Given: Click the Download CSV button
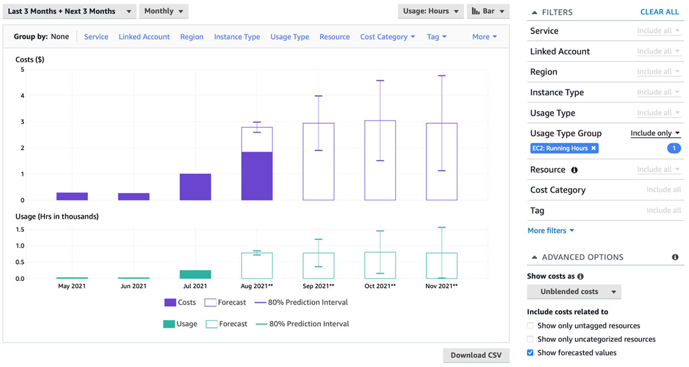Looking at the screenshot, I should click(476, 355).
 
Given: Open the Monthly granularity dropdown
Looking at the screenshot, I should click(164, 11).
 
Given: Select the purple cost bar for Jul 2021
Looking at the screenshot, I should click(195, 187).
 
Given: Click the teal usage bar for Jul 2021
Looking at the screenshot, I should click(195, 274).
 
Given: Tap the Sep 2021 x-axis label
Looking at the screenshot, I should click(319, 286).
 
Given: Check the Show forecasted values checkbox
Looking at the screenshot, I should click(531, 353).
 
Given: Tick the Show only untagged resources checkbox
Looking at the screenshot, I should click(531, 326).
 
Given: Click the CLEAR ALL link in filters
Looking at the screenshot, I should click(660, 12).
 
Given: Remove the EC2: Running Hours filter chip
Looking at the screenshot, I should click(594, 149).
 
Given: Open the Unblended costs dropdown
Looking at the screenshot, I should click(574, 292).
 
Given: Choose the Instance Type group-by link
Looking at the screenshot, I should click(237, 37).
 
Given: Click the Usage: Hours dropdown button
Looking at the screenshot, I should click(431, 11).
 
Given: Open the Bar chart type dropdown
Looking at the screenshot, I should click(489, 11).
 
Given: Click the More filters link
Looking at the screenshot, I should click(551, 231).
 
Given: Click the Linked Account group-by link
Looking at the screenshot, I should click(144, 37).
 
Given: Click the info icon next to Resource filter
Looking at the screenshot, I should click(575, 170).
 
